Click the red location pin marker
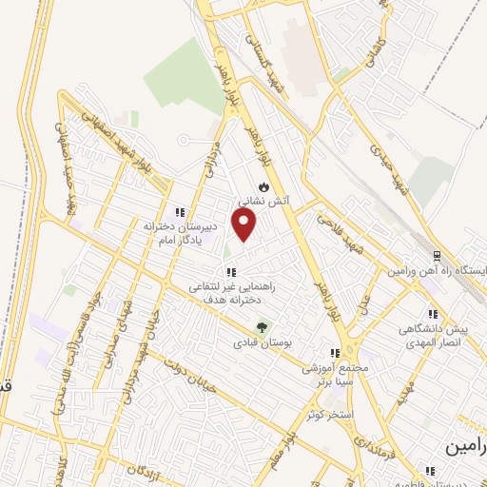[245, 224]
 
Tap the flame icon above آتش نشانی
[263, 185]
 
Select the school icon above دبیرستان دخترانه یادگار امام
[178, 211]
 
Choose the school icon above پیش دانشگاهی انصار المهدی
[433, 314]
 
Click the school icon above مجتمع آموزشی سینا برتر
[333, 351]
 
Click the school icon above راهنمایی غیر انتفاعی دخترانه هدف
[231, 272]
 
